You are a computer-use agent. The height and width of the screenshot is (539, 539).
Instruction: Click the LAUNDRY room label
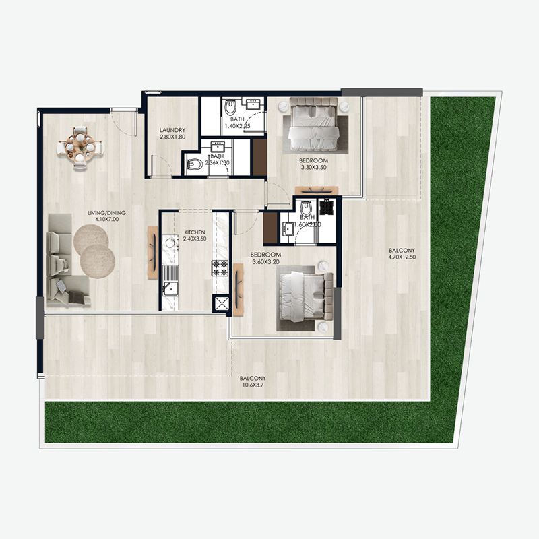pos(172,130)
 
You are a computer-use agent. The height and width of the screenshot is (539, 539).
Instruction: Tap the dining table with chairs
pos(80,144)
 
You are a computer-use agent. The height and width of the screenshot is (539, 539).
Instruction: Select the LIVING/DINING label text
pos(106,213)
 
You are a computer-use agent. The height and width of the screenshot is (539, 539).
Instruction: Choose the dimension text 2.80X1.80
pos(172,137)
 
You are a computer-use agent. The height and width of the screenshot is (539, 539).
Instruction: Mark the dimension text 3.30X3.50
pos(313,168)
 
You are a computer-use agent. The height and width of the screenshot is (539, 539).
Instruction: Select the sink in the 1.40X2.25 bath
pos(253,104)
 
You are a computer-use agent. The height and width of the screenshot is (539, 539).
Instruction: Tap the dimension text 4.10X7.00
pos(106,220)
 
